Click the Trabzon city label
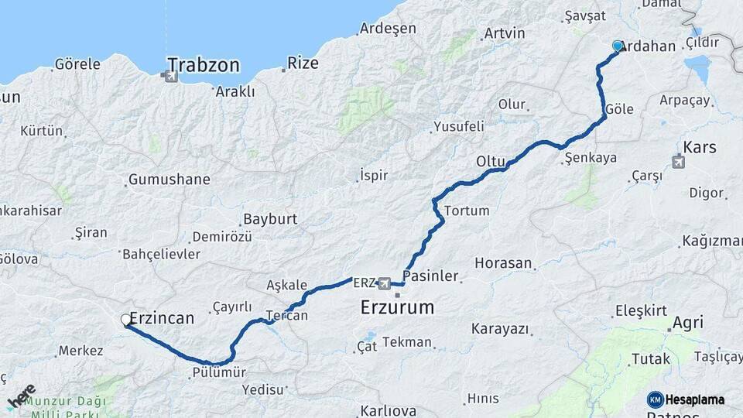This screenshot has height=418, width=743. coord(204,64)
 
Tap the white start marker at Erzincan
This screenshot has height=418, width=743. coord(126,320)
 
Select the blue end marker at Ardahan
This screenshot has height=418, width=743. coord(618,46)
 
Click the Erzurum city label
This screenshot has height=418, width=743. coord(398,307)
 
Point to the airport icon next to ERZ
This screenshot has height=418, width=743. coord(385,283)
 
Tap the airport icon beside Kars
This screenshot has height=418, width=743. coord(679,162)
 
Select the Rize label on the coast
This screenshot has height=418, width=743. coord(303,63)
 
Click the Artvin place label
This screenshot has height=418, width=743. coord(504,33)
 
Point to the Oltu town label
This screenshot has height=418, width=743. coord(491,162)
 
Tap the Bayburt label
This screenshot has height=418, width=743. coord(270,219)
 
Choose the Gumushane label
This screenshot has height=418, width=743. coord(169,180)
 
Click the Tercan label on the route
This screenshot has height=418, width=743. coord(287,315)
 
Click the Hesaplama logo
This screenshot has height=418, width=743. coord(686,399)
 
